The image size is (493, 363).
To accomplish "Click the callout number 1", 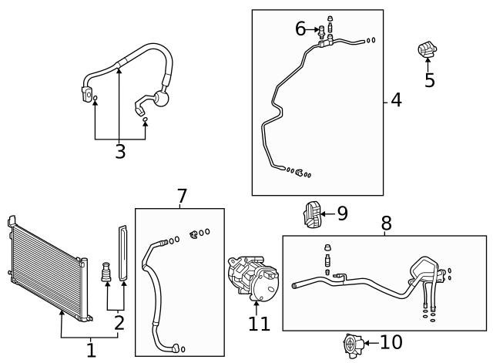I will (x=91, y=351).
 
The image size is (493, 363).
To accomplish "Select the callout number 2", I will (x=119, y=322).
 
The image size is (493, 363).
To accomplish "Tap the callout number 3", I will (x=119, y=152).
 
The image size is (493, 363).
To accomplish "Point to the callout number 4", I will (x=396, y=100).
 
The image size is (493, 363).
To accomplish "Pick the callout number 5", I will (x=429, y=80).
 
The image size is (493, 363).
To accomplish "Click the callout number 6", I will (x=300, y=29).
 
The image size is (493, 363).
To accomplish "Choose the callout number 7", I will (x=182, y=197).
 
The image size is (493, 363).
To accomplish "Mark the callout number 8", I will (x=386, y=224).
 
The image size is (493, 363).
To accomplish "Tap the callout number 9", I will (x=342, y=213).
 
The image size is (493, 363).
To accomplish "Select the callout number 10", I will (x=391, y=342).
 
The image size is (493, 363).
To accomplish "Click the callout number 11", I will (x=260, y=324).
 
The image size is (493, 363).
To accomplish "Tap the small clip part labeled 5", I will (x=427, y=50).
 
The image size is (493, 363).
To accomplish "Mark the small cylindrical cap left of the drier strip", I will (x=107, y=274).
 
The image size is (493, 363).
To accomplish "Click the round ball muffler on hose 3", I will (x=163, y=99).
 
